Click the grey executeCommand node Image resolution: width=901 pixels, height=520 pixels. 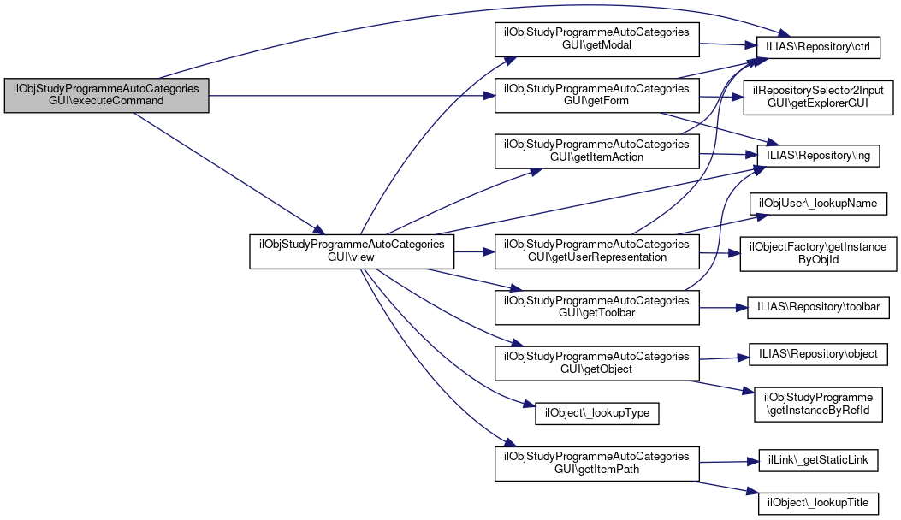coord(107,94)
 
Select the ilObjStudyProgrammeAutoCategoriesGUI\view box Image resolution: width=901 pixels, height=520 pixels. coord(351,251)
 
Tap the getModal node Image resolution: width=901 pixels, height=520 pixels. coord(596,39)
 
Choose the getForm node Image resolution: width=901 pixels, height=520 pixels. coord(596,95)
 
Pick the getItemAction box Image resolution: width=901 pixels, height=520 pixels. coord(596,151)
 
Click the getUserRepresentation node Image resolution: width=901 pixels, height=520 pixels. coord(596,251)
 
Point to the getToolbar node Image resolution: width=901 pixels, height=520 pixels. coord(596,307)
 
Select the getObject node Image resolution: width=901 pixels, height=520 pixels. coord(596,363)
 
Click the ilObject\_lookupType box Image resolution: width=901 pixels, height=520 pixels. coord(596,414)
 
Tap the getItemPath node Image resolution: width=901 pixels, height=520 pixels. coord(596,463)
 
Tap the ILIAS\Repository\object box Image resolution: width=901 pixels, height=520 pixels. coord(817,353)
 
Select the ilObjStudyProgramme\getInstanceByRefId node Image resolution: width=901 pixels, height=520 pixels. coord(818,404)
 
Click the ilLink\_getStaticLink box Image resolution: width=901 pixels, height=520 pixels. coord(817,460)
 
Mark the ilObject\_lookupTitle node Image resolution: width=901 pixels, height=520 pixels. coord(817,502)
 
